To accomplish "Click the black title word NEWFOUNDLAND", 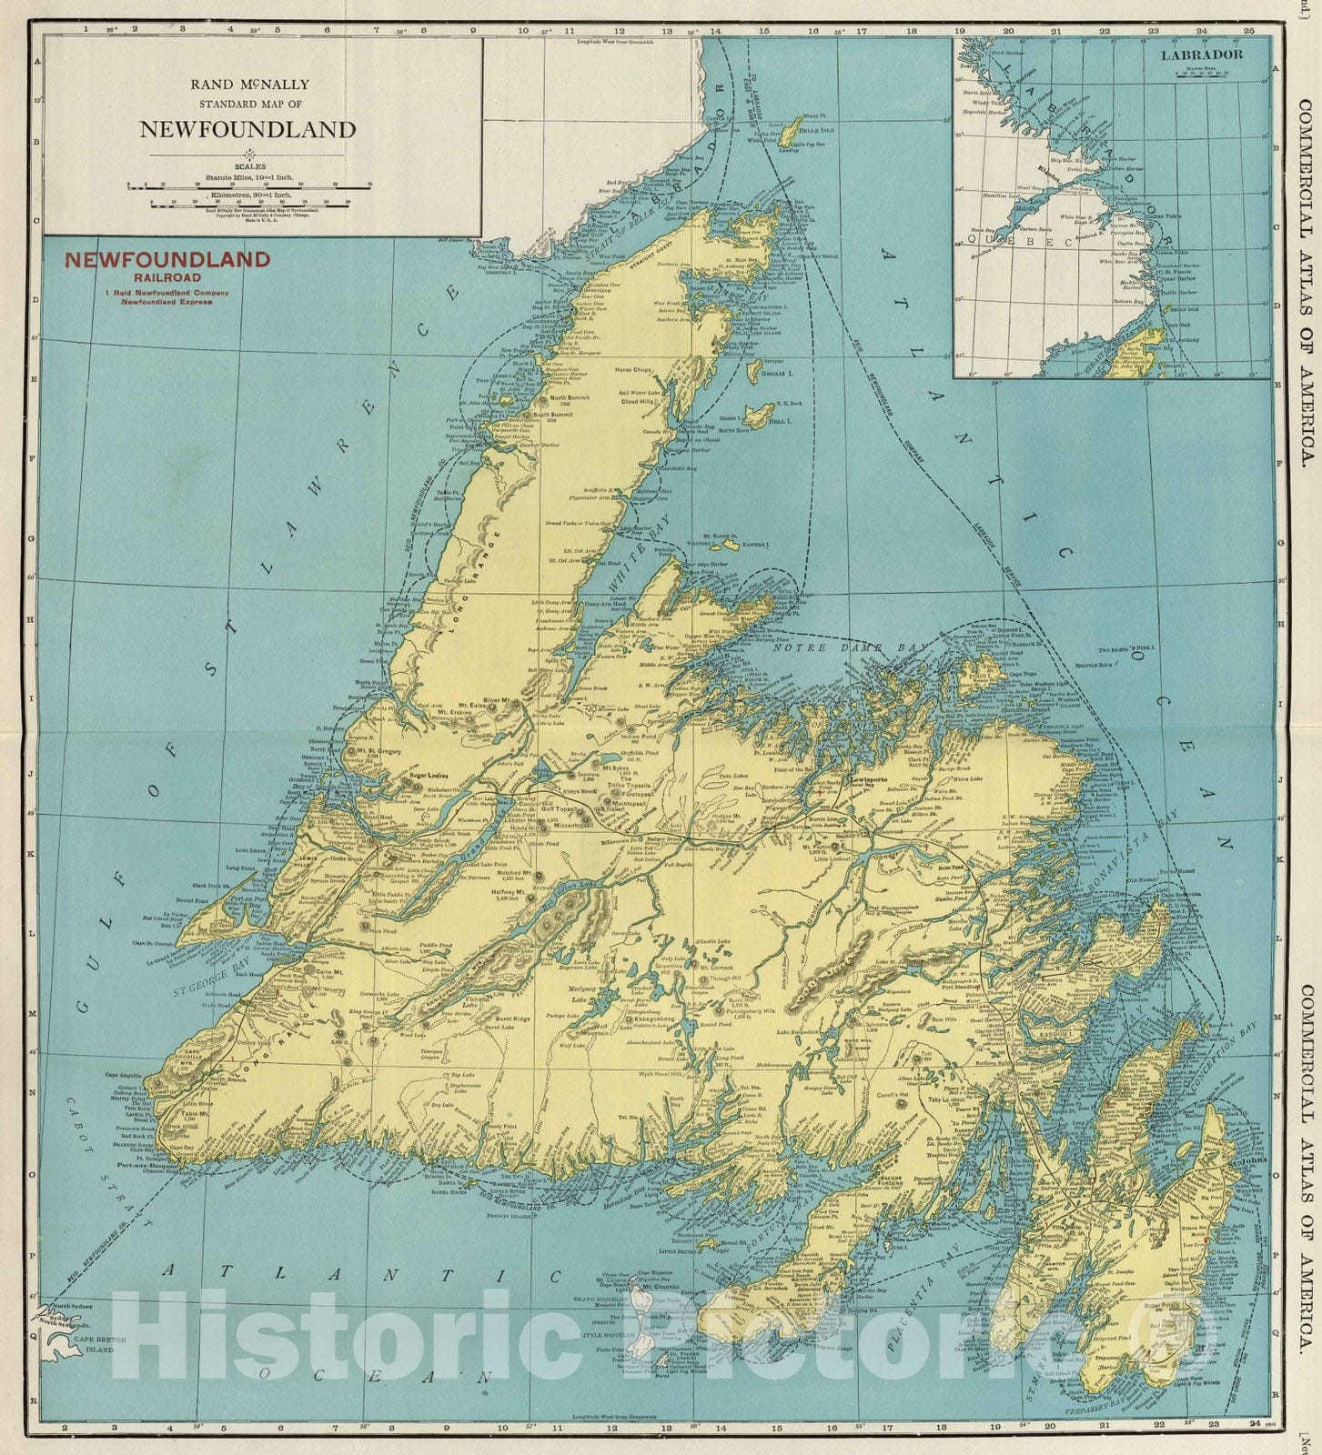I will coord(247,129).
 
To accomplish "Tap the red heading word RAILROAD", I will coord(166,276).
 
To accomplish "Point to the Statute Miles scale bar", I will coord(248,185).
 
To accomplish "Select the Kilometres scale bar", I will coord(248,205).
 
